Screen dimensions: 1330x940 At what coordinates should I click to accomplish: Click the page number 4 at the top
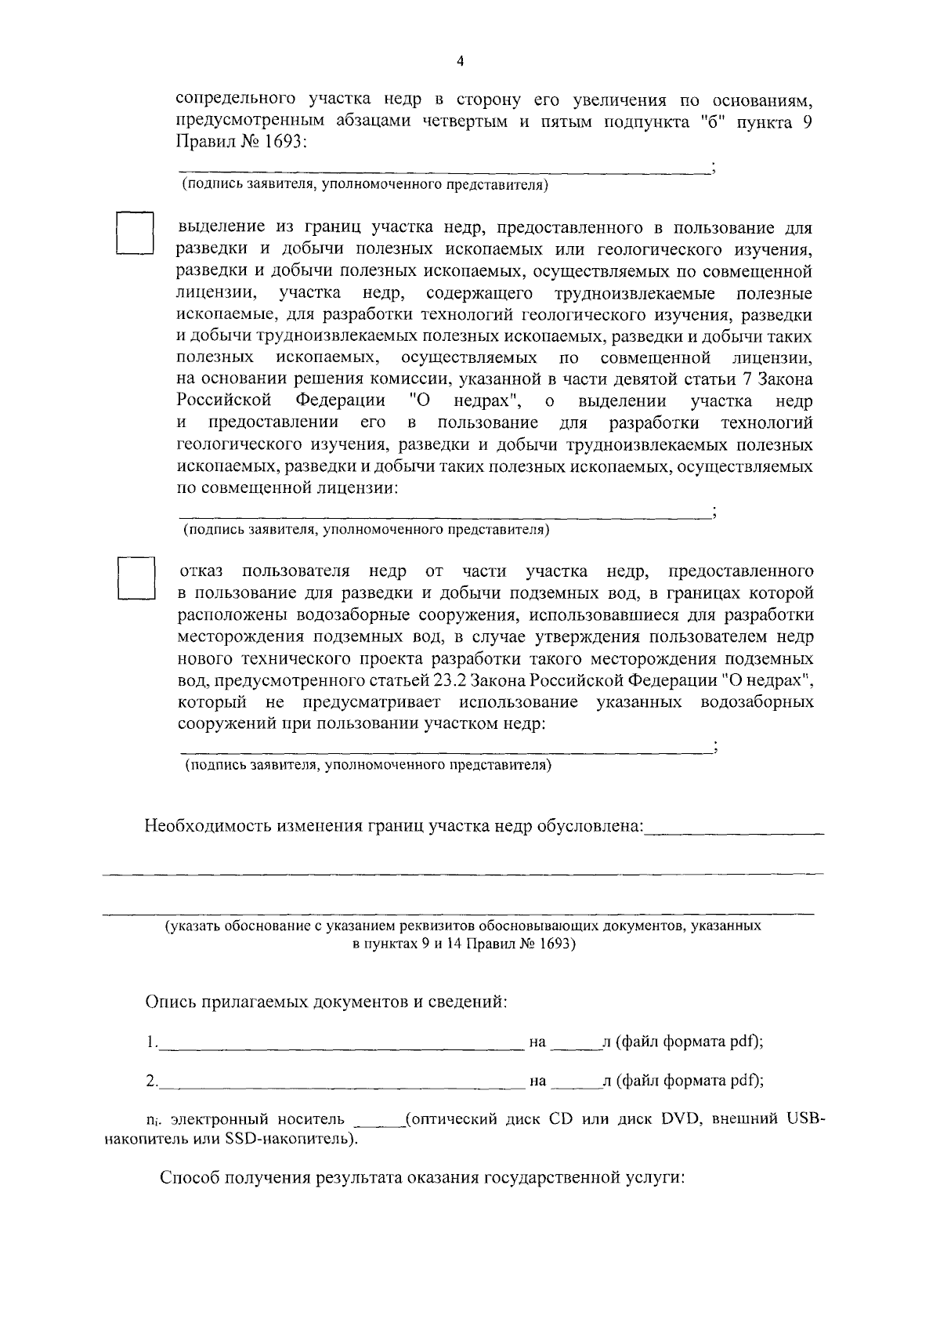tap(461, 61)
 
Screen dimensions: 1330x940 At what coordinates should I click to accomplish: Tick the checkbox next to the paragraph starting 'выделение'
tap(134, 233)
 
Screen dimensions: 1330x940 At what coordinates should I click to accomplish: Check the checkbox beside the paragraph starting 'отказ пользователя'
tap(134, 578)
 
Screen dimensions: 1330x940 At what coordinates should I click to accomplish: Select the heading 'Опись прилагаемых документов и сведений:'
tap(326, 1002)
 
